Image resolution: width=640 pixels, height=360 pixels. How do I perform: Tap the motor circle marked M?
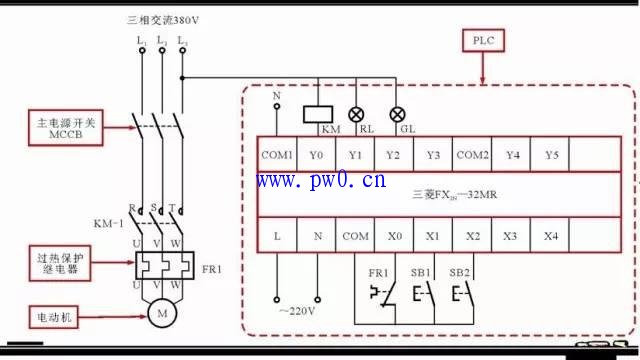coord(161,314)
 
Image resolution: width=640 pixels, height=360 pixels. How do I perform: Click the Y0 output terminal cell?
coord(316,155)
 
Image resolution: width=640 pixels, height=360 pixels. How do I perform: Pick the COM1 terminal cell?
coord(277,155)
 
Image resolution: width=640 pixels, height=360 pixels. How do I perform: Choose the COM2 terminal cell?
coord(472,155)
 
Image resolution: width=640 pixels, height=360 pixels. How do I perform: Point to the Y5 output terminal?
coord(550,155)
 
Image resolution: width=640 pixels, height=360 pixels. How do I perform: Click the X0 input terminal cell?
coord(394,236)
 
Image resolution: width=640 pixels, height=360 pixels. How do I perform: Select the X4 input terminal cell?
coord(550,236)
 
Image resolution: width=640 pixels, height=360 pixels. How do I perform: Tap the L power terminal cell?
coord(277,236)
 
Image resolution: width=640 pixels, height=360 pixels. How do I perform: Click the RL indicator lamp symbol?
coord(355,114)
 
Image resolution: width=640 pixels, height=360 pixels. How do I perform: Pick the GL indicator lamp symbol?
coord(397,114)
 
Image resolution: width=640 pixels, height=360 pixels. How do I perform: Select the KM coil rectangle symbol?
coord(318,113)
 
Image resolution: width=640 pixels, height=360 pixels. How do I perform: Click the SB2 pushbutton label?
coord(459,272)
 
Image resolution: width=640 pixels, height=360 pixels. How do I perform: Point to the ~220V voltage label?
coord(297,311)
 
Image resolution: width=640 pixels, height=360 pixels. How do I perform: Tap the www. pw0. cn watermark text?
coord(320,181)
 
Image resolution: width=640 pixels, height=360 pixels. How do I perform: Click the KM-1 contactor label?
coord(108,223)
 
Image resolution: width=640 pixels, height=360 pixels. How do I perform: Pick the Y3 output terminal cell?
coord(433,155)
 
